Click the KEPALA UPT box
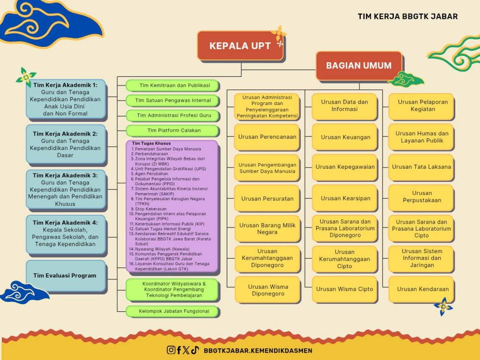coord(240,46)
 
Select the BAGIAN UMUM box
coord(359,66)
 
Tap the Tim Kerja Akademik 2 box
coord(66,144)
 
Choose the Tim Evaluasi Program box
coord(66,276)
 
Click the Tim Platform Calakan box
coord(173,131)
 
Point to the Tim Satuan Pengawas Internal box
coord(173,100)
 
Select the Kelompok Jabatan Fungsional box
coord(173,311)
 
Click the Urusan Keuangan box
coord(345,137)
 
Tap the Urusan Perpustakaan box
coord(421,197)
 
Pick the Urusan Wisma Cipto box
coord(345,289)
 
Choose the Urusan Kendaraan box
coord(421,289)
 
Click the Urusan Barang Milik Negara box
coord(267,229)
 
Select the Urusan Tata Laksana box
coord(421,167)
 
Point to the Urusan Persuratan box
coord(267,198)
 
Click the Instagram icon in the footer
coord(172,350)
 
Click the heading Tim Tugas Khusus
coord(151,143)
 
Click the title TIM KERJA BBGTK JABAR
coord(407,16)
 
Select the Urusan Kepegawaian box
coord(345,167)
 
